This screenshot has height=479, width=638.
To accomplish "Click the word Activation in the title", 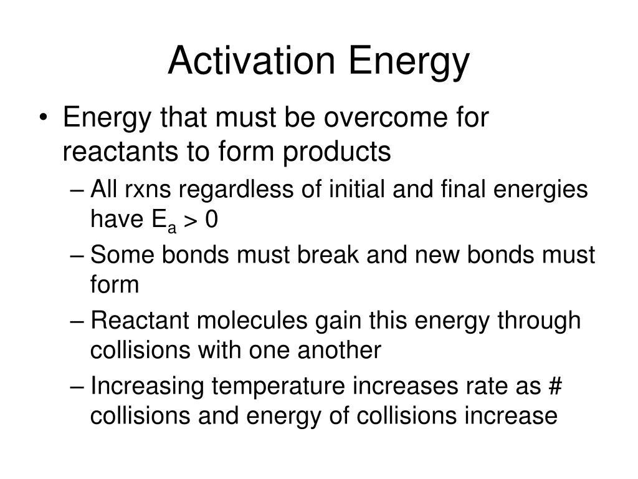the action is (x=251, y=60).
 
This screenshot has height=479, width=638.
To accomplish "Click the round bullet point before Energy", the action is (x=44, y=118).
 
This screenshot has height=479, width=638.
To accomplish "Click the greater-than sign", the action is (x=191, y=220).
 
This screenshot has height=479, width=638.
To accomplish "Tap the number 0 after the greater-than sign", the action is (x=212, y=219).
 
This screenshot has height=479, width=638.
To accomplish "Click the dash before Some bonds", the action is (x=77, y=256).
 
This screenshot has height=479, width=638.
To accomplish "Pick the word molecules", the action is (x=252, y=320).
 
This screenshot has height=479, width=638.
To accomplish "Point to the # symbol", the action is (x=555, y=385).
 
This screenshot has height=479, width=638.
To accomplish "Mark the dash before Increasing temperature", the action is (x=77, y=387).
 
